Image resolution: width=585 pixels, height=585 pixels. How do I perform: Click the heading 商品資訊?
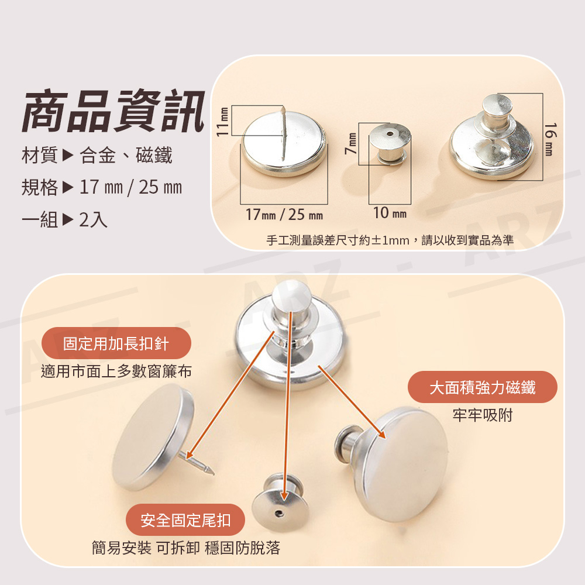[113, 111]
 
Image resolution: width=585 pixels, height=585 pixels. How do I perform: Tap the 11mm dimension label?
[223, 122]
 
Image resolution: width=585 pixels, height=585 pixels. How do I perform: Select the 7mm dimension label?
[350, 143]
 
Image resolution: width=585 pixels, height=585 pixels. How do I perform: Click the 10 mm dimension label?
[390, 213]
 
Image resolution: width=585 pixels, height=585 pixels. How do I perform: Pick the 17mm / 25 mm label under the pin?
[284, 215]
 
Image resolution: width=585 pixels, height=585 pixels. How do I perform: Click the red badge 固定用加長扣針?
[116, 343]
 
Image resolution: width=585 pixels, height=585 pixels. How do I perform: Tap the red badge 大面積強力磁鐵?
[483, 387]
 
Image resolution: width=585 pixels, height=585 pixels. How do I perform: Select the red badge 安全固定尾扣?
[185, 519]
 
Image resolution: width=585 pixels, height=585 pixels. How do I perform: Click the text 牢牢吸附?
[483, 415]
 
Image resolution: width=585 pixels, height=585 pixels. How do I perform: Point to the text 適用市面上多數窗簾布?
[116, 371]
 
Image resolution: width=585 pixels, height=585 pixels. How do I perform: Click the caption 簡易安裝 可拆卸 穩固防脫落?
[186, 548]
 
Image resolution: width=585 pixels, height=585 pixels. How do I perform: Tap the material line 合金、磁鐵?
[126, 156]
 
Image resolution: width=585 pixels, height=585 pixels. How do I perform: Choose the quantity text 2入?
[93, 220]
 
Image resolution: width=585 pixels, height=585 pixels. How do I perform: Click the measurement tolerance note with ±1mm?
[390, 240]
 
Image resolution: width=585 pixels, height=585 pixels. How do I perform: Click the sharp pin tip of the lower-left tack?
[214, 474]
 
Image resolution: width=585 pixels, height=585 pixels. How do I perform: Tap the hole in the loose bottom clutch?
[278, 514]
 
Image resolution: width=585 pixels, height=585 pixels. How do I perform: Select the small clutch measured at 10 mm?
[390, 144]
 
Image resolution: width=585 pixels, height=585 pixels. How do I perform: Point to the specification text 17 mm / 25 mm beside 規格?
[130, 187]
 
